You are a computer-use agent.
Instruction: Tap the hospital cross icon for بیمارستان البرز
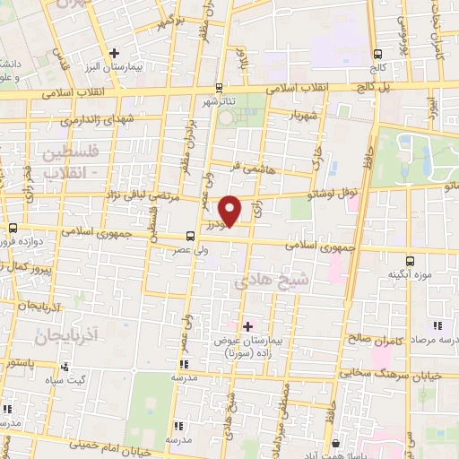[113, 53]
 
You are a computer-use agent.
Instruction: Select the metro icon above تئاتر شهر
[221, 88]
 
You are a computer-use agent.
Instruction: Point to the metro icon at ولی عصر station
[190, 237]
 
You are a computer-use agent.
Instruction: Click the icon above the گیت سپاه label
[65, 367]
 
